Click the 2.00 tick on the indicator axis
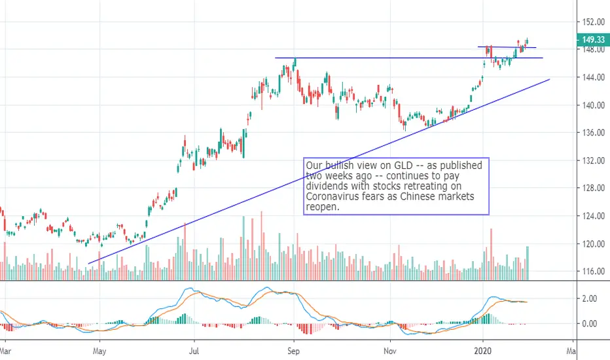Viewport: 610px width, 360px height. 589,298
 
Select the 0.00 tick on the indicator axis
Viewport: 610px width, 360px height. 589,323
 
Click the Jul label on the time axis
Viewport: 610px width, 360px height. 194,351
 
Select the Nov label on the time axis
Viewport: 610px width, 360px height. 390,351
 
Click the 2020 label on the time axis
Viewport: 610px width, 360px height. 483,351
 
